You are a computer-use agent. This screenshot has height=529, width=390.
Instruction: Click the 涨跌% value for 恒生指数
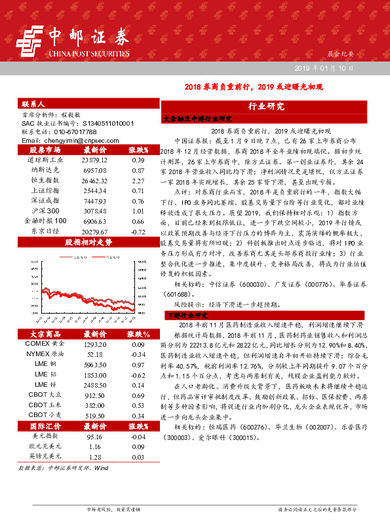(x=138, y=180)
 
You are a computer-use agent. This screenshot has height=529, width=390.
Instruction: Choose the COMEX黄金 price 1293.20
(x=95, y=344)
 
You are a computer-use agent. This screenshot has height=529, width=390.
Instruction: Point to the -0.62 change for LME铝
(x=138, y=375)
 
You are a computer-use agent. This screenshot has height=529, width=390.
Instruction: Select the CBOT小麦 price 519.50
(x=95, y=407)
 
